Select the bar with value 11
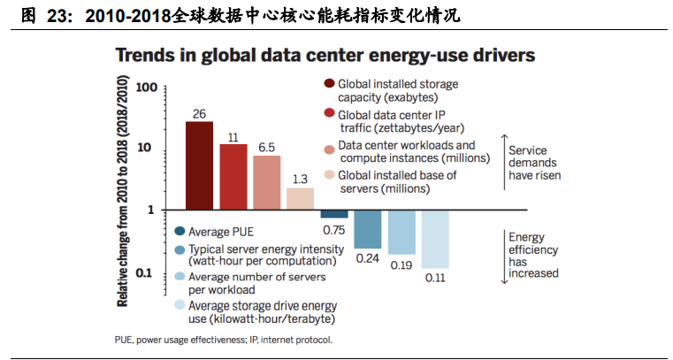(233, 176)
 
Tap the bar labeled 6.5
(266, 182)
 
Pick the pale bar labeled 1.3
(300, 198)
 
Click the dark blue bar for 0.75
(333, 214)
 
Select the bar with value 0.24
(367, 229)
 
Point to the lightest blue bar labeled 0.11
(434, 239)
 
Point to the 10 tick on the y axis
(149, 149)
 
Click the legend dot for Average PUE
(180, 232)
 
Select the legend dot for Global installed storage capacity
(329, 84)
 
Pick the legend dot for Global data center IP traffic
(329, 114)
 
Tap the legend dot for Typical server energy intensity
(180, 249)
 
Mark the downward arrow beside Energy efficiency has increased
(503, 257)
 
